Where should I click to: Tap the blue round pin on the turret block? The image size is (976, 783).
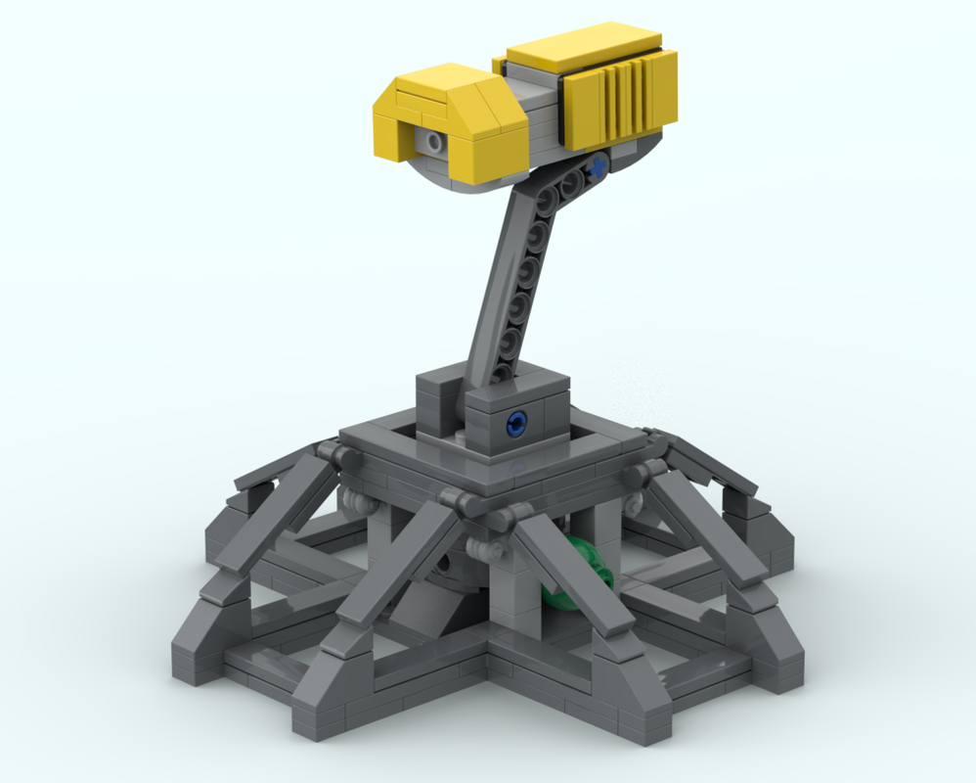(515, 422)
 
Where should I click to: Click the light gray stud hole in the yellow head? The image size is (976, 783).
(432, 144)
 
